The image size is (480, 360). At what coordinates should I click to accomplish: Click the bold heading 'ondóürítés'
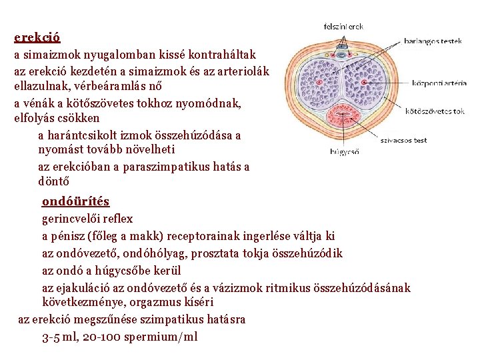(x=75, y=201)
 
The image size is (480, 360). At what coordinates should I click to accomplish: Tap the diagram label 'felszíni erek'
(x=343, y=27)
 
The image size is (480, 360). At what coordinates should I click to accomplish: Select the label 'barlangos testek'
(x=433, y=41)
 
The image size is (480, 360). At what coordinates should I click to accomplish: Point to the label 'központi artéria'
(x=439, y=83)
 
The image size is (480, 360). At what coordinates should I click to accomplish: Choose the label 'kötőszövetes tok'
(x=435, y=111)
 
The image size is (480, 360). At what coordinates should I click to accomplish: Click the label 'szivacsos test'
(x=403, y=141)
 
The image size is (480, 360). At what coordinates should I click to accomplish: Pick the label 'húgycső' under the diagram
(x=345, y=151)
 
